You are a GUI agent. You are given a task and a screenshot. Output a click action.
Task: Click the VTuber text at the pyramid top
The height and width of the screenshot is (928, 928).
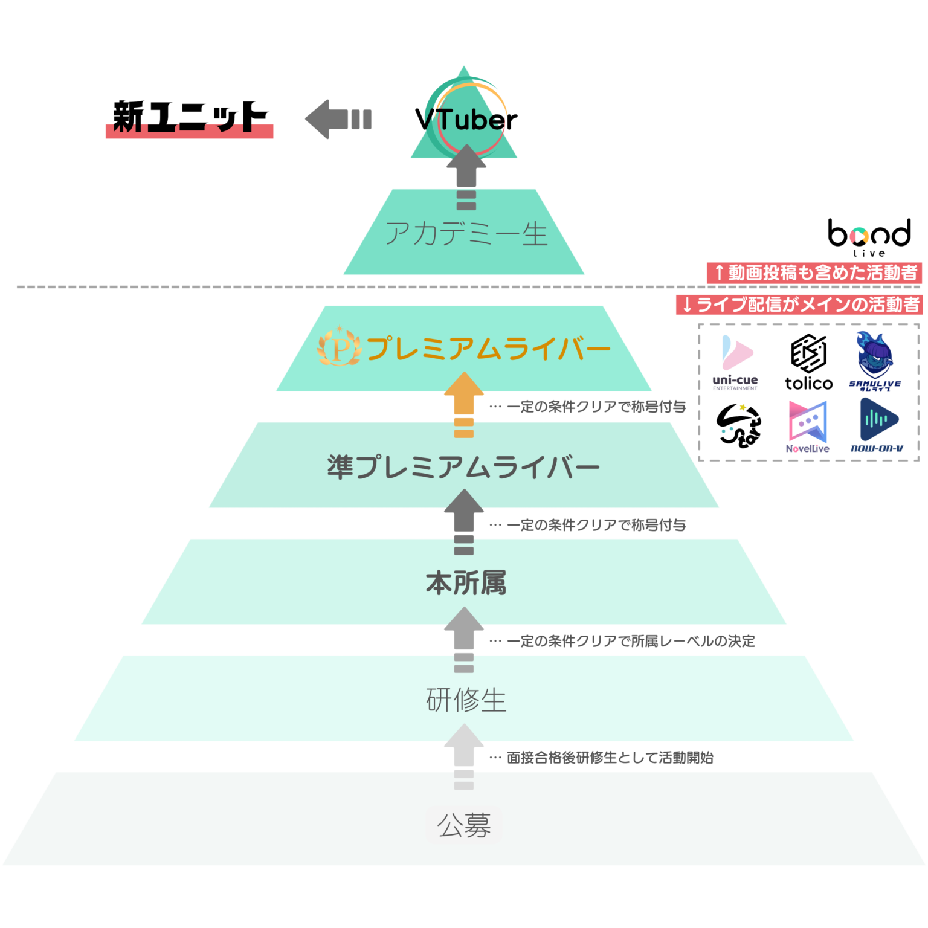pos(465,120)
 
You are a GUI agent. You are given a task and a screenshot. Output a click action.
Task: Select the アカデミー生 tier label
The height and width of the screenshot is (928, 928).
pos(466,233)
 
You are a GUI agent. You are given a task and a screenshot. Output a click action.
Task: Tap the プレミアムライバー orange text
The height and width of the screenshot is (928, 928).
pos(488,349)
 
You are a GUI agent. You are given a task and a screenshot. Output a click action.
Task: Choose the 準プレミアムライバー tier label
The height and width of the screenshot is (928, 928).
pos(463,466)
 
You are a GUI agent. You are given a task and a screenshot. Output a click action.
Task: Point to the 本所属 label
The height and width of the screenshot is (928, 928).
pos(465,583)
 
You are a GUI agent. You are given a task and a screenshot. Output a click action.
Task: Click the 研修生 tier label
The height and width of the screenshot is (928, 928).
pos(465,700)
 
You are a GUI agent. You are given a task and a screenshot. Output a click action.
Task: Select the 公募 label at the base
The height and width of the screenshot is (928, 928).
pos(464,825)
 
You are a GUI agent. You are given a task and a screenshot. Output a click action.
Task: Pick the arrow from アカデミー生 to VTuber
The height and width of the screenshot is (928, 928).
pos(466,175)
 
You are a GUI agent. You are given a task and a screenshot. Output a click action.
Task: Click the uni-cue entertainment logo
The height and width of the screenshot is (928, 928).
pos(735,362)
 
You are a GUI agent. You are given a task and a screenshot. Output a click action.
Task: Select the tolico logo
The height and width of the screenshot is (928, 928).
pos(809,362)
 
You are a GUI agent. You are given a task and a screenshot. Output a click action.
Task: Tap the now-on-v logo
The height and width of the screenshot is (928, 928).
pos(877,425)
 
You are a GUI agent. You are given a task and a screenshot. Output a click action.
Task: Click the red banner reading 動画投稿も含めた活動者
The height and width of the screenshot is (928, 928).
pos(814,272)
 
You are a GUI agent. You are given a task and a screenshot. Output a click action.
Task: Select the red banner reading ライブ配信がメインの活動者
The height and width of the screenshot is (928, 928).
pos(799,304)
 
